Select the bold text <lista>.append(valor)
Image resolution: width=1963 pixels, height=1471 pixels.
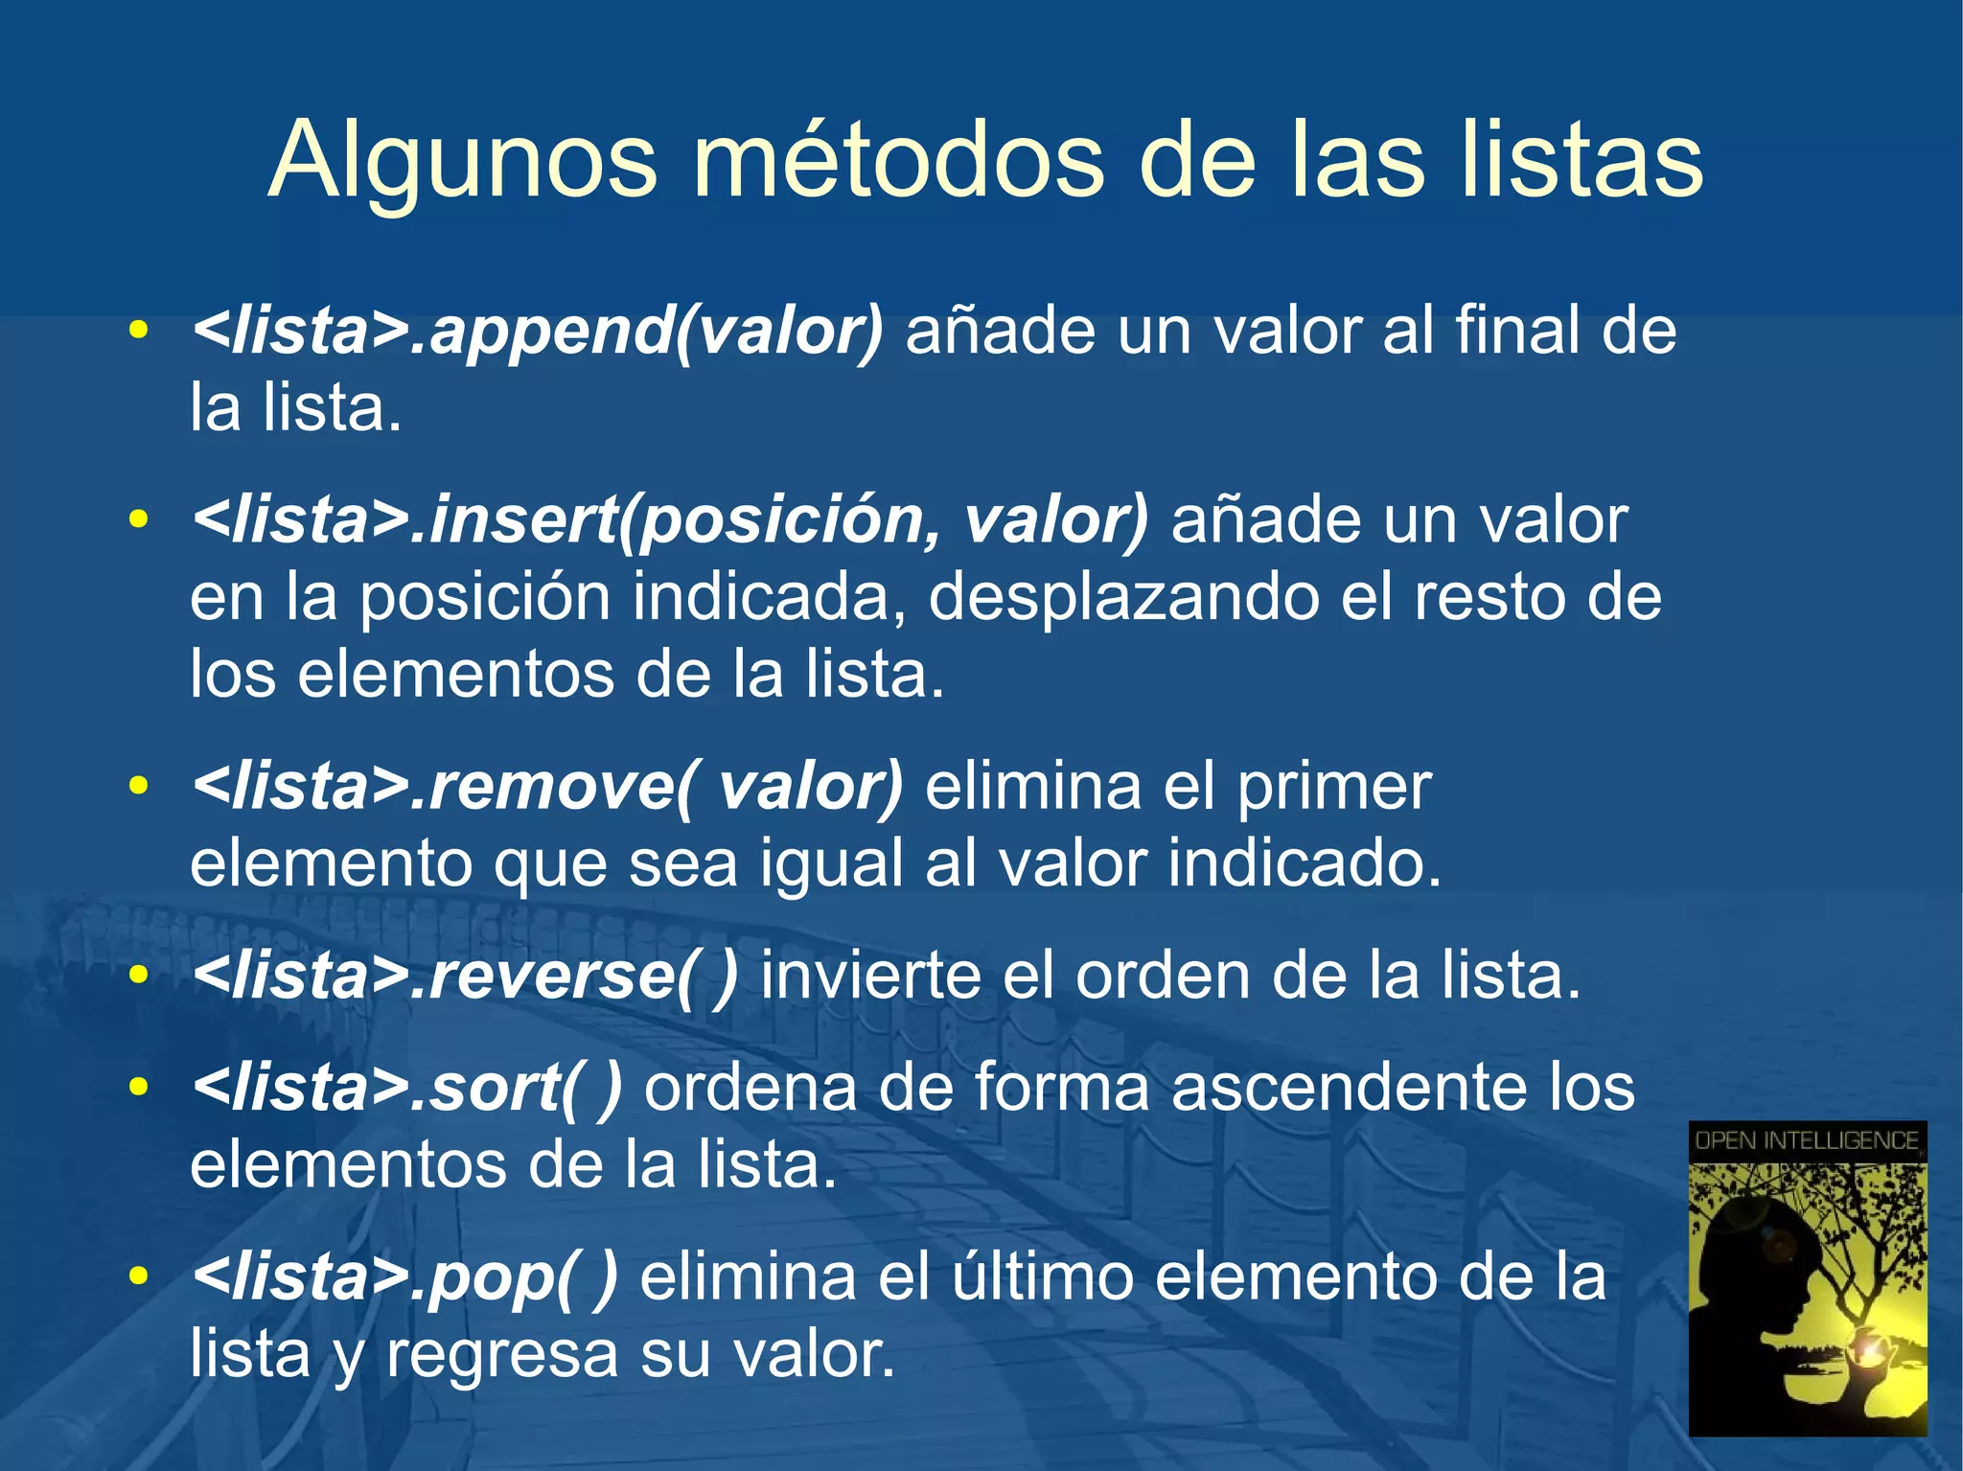(x=537, y=333)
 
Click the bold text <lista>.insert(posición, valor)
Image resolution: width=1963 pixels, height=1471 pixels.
(x=669, y=521)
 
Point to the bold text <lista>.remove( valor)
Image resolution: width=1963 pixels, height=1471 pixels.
(x=546, y=788)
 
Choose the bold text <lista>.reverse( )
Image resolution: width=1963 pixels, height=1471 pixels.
(x=465, y=977)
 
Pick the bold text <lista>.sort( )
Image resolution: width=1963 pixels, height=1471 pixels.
(x=406, y=1089)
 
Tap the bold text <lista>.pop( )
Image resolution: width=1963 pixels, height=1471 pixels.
(x=404, y=1278)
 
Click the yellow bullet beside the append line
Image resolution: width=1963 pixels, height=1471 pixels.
(x=139, y=332)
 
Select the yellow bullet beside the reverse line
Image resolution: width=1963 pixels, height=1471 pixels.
(x=139, y=976)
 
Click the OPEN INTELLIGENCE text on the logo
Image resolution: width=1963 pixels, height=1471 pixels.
(x=1807, y=1140)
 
